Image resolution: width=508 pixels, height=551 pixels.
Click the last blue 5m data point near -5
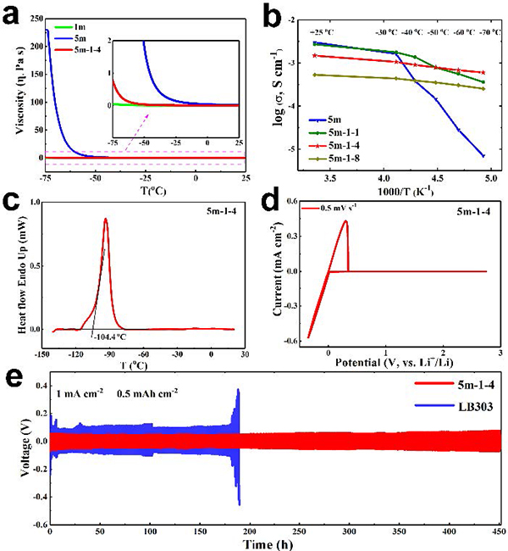point(483,156)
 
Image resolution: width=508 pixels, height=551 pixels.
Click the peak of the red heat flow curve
point(105,219)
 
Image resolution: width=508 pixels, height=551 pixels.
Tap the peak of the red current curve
point(345,221)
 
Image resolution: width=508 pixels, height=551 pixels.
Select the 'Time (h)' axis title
point(268,543)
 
